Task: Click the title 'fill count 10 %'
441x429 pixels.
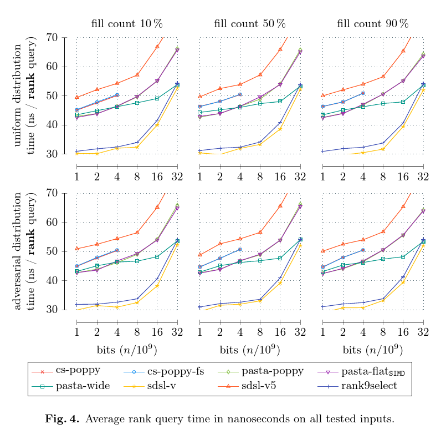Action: point(127,24)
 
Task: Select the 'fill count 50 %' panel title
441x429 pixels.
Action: point(250,24)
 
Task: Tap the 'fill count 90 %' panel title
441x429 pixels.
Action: point(372,24)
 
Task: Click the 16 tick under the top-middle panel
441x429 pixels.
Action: point(280,177)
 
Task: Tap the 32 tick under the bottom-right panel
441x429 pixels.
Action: point(423,332)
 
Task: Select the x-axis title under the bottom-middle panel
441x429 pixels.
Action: point(250,350)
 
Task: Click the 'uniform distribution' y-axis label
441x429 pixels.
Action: point(18,95)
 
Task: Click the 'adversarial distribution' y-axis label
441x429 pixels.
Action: point(18,251)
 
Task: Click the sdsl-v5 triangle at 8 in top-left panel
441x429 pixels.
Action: point(137,74)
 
